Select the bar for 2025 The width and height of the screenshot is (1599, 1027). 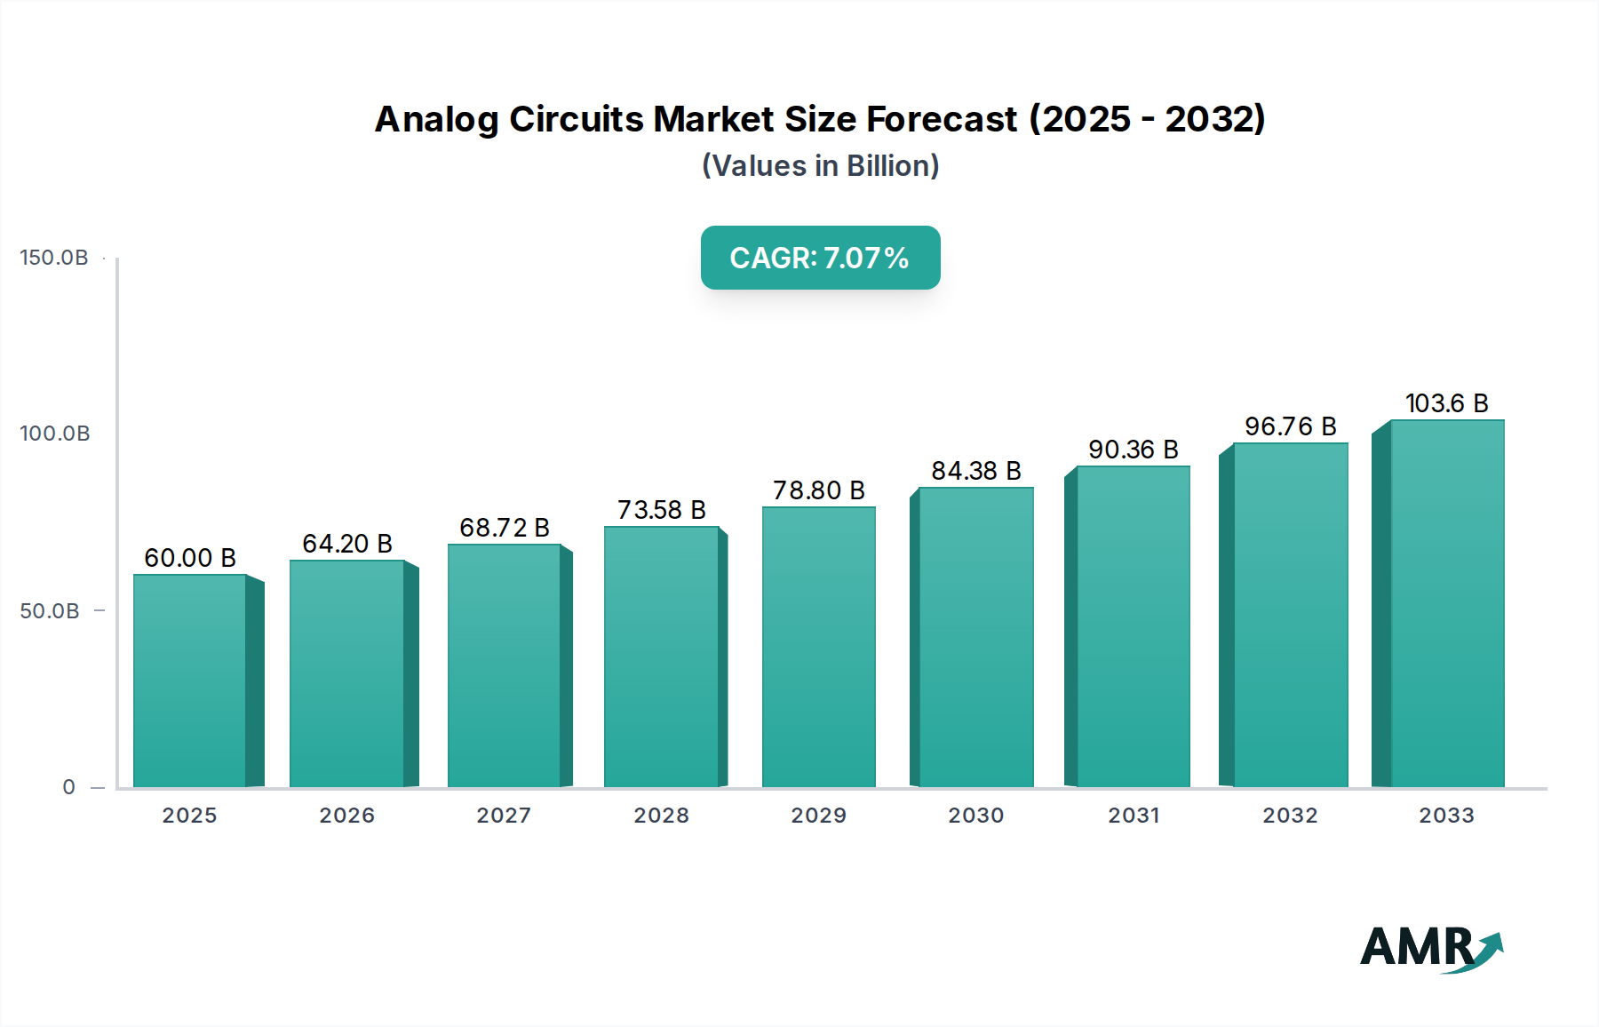189,681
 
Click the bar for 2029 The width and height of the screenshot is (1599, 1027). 818,647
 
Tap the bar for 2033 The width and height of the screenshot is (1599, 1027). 1447,604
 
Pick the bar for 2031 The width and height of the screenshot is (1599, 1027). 1133,626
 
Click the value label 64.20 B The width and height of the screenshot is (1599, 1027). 347,544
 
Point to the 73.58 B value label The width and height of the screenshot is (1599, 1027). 662,510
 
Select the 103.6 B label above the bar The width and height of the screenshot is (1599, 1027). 1447,403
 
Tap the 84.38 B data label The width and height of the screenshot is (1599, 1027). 976,471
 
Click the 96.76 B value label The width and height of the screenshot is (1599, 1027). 1291,426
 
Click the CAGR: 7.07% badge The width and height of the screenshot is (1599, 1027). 820,258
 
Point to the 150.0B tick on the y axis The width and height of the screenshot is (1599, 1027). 54,258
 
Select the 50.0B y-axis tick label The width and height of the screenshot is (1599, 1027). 50,611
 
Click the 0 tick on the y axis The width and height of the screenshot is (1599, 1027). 68,787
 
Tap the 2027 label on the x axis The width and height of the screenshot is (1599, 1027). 504,816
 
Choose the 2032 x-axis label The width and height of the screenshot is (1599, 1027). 1291,816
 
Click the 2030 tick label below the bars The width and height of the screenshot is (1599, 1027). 976,816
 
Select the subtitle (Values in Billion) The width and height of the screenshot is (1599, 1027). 820,166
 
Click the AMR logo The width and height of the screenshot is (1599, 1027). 1430,948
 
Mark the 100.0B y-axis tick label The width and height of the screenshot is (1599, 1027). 55,434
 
